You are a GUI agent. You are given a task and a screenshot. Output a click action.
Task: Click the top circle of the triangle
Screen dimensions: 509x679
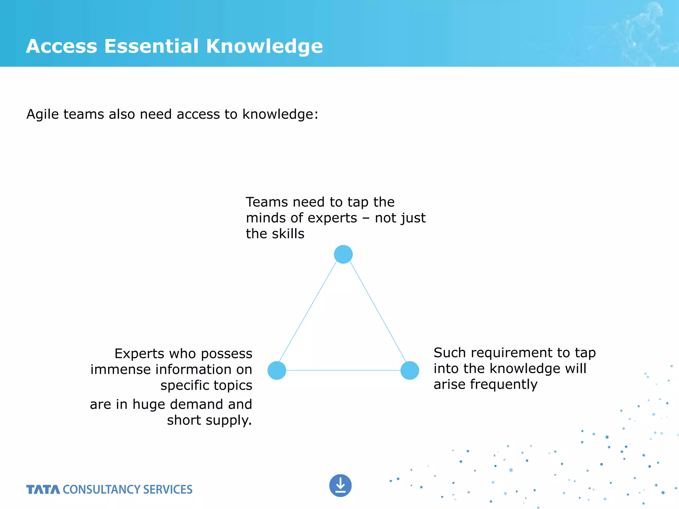[343, 254]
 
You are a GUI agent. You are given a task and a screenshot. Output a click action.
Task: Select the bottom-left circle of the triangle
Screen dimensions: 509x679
[277, 370]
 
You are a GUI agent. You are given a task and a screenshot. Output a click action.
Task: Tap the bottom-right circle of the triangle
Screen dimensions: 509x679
[410, 370]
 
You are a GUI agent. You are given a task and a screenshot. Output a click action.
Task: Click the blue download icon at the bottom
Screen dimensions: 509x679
[340, 485]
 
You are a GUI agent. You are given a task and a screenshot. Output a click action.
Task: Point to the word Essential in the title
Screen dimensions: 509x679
[152, 46]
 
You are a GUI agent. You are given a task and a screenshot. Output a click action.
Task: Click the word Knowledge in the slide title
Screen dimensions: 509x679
[264, 46]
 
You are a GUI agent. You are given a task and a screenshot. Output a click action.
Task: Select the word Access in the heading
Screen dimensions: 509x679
[62, 46]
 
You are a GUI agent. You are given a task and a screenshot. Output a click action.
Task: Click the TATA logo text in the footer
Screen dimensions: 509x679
[43, 489]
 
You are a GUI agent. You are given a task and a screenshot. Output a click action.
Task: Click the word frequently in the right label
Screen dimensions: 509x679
[504, 385]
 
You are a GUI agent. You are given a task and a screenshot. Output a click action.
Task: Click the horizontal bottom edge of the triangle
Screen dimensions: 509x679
[343, 370]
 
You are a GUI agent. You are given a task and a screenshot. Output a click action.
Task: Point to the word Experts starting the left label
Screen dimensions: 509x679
[139, 354]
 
